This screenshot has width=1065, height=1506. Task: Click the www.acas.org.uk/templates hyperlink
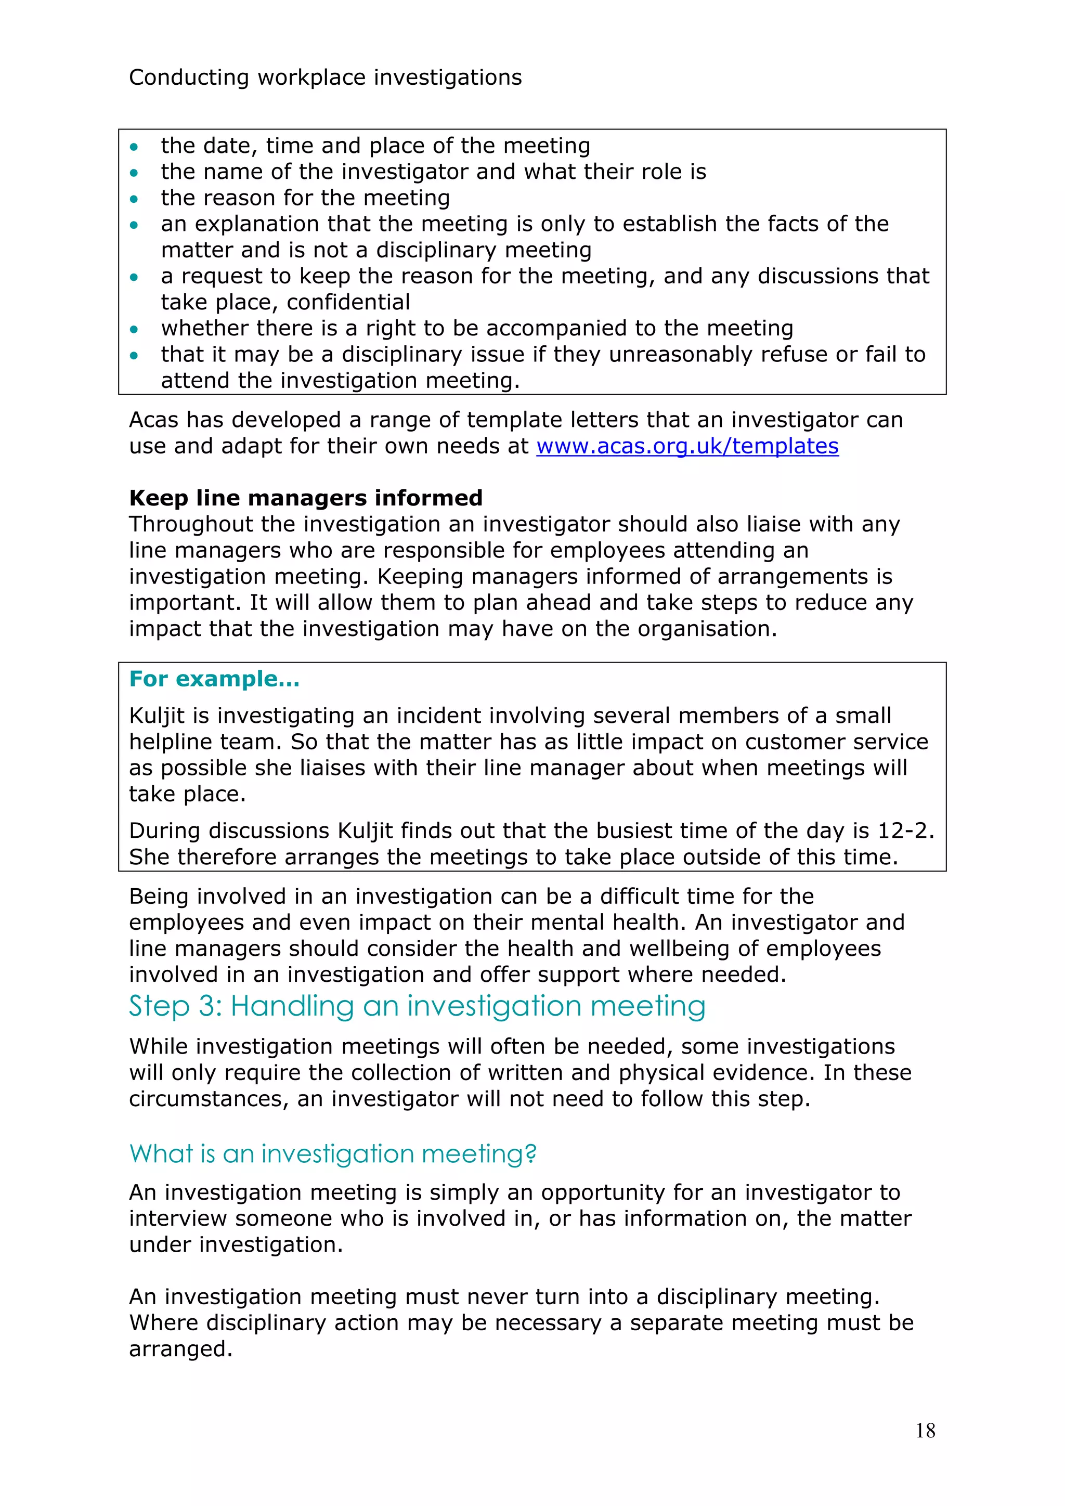point(687,446)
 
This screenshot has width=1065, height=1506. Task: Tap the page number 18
point(925,1431)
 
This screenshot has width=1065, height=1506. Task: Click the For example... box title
point(214,679)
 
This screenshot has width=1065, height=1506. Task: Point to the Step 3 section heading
point(417,1006)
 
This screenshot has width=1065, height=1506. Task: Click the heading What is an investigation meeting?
point(332,1154)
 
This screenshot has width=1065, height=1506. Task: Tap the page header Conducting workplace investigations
point(325,77)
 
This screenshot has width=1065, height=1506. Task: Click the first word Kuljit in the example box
point(157,716)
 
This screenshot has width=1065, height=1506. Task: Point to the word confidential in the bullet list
point(348,302)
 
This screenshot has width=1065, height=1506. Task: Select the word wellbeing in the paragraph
point(688,949)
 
